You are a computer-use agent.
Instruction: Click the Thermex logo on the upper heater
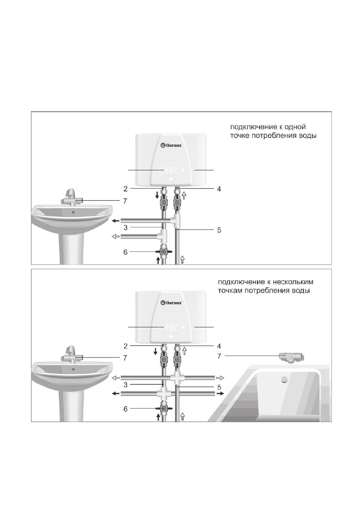point(171,145)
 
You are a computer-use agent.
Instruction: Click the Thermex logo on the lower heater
point(171,303)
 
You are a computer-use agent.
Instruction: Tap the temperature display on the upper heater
point(171,170)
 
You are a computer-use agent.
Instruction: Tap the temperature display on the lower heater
point(171,327)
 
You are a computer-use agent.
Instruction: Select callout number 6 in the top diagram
point(125,252)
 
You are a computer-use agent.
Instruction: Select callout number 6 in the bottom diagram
point(125,408)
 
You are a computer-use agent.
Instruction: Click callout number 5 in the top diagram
point(219,230)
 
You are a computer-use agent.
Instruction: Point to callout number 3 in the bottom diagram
point(125,385)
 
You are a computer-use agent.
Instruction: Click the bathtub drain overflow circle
point(284,379)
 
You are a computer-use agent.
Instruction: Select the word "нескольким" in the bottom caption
point(293,282)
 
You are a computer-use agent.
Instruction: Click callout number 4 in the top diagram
point(219,189)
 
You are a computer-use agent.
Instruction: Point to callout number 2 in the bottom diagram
point(125,346)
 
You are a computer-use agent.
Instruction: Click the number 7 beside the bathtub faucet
point(219,356)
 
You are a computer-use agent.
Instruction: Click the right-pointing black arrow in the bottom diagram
point(220,394)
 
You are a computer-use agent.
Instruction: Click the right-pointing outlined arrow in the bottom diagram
point(220,378)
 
